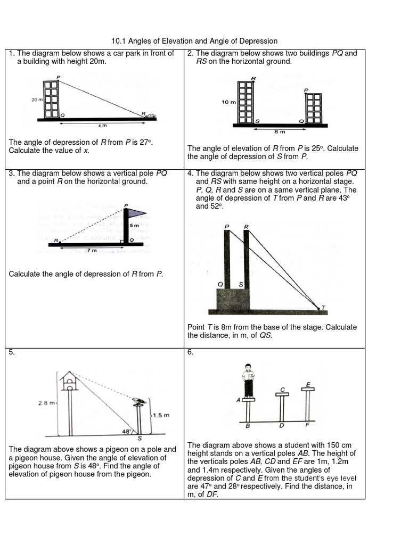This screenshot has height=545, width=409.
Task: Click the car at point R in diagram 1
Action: coord(151,115)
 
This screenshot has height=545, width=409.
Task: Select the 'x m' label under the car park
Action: coord(102,126)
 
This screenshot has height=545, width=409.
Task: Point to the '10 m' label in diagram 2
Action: coord(228,102)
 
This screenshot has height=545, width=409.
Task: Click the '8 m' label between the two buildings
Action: coord(279,131)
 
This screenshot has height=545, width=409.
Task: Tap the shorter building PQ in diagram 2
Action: coord(314,108)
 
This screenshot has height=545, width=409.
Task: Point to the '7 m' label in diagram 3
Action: coord(92,250)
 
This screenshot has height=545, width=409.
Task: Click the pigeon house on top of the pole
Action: coord(69,379)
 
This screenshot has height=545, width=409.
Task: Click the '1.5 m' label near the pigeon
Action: coord(161,415)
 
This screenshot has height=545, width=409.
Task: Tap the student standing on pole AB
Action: coord(248,379)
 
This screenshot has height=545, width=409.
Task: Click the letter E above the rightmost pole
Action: coord(308,384)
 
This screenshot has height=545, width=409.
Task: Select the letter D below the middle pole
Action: coord(281,426)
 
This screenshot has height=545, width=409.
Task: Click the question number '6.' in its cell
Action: coord(191,352)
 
